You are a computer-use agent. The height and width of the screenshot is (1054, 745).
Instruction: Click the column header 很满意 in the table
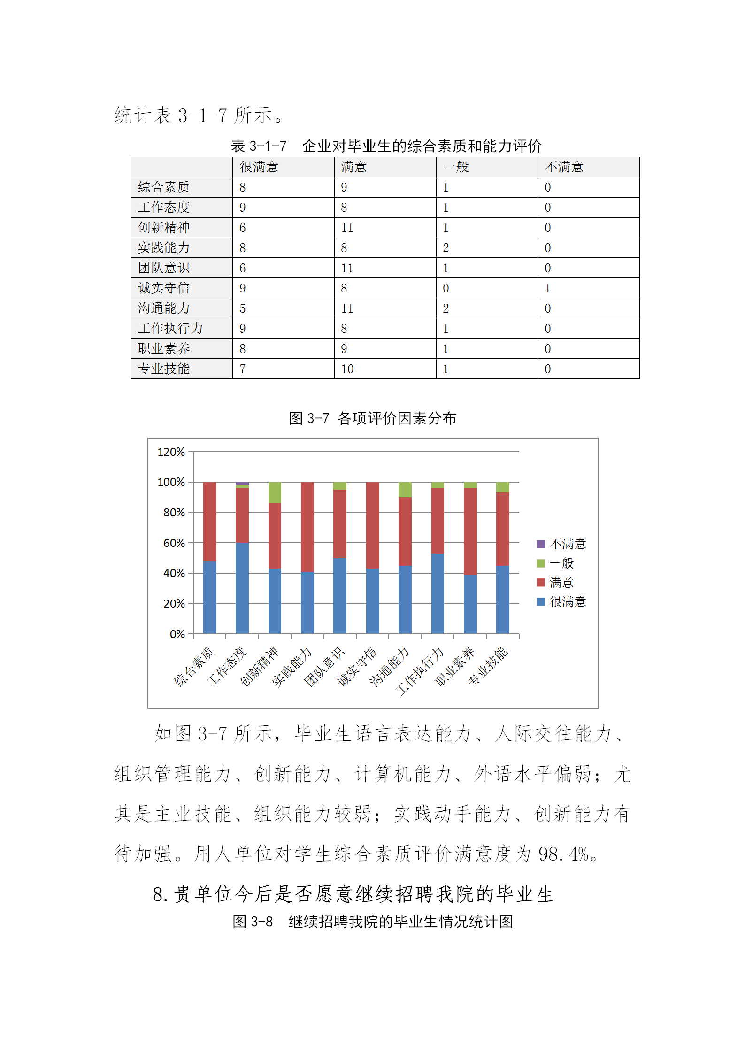click(259, 167)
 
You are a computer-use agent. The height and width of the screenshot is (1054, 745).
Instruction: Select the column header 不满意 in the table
click(564, 167)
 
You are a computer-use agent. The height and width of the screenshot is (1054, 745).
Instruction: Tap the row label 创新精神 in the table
click(164, 228)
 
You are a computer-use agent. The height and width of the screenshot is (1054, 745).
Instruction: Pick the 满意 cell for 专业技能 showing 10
click(347, 369)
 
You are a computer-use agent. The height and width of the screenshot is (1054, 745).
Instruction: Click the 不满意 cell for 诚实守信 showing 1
click(547, 288)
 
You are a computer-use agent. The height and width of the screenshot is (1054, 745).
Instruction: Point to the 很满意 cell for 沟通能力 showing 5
click(243, 308)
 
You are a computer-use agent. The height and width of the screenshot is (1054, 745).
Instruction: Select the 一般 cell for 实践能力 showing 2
click(446, 248)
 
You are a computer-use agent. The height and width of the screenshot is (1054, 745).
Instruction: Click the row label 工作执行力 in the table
click(170, 329)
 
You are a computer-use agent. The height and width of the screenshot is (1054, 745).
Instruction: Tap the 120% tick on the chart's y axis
click(171, 452)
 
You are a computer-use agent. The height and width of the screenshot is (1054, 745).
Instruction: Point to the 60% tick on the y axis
click(174, 543)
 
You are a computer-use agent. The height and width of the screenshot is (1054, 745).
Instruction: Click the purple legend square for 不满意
click(541, 544)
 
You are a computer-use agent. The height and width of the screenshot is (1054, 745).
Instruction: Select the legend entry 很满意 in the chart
click(568, 602)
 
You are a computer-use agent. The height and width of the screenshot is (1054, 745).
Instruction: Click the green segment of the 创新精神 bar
click(275, 492)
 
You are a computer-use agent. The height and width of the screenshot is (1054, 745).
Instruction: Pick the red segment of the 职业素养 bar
click(470, 531)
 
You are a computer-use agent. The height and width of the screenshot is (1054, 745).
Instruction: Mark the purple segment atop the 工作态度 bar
click(242, 484)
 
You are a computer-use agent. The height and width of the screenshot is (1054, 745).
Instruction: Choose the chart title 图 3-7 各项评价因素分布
click(372, 418)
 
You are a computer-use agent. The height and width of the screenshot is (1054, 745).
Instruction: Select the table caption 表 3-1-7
click(259, 146)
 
